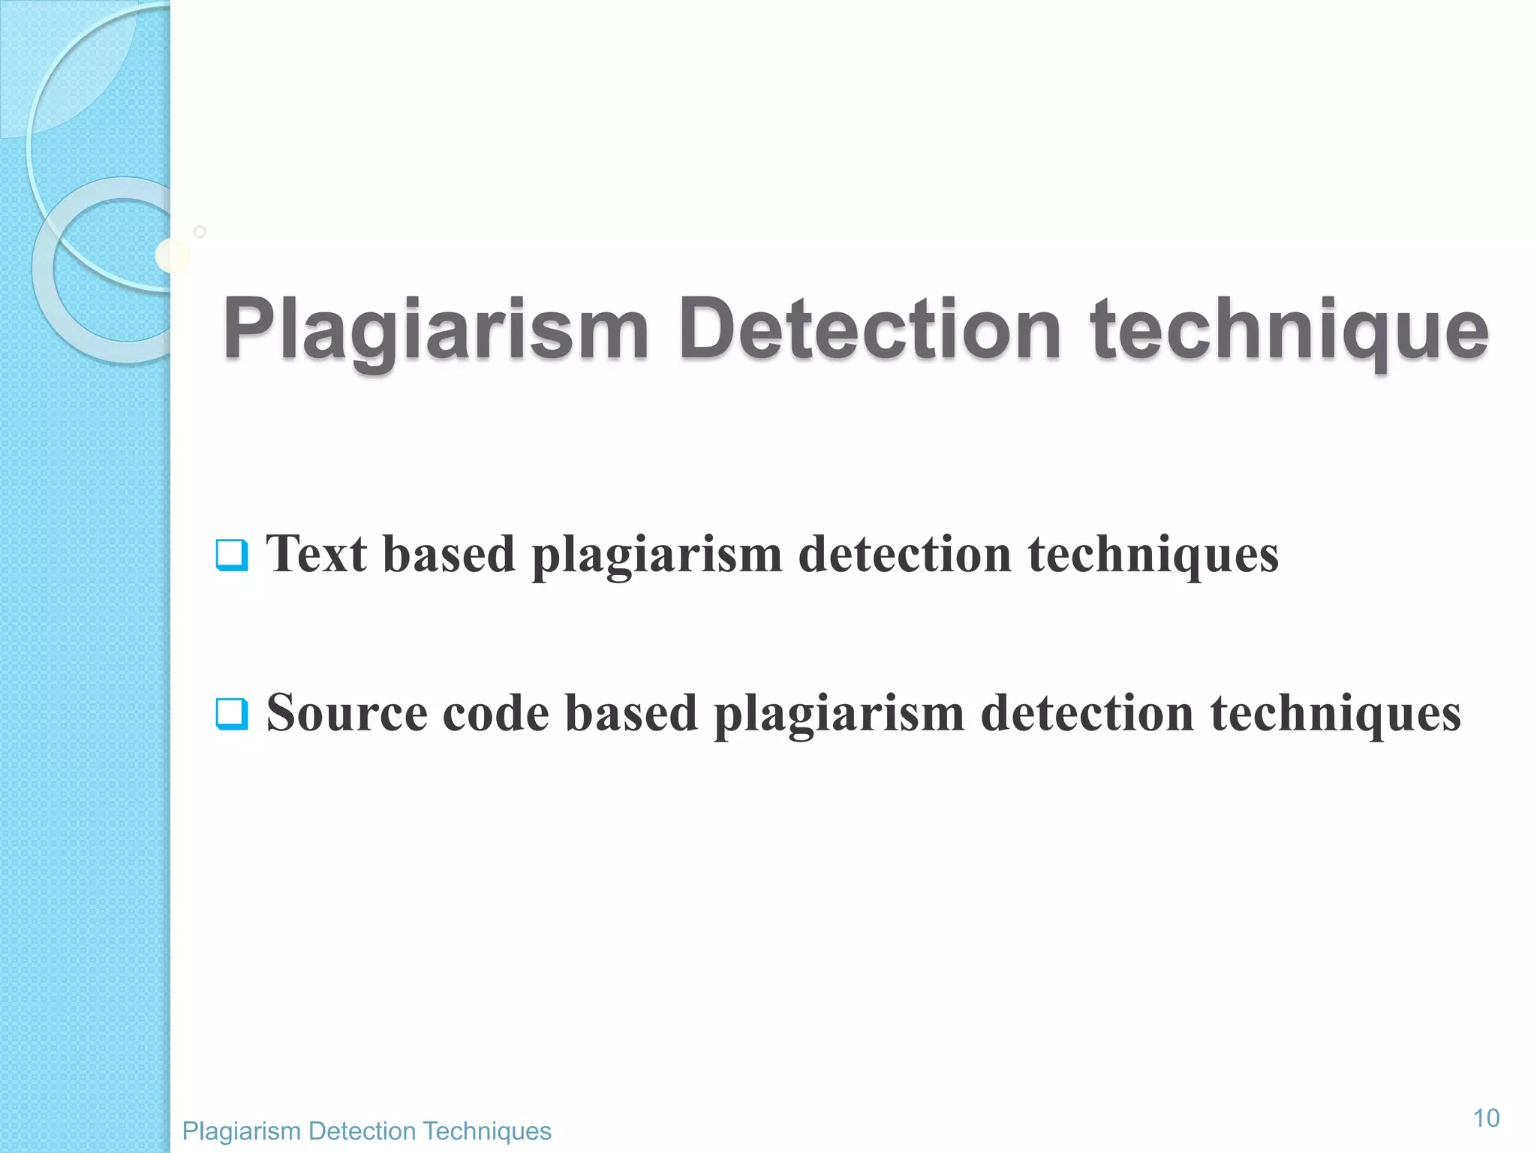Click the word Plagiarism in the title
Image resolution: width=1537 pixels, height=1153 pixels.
point(435,330)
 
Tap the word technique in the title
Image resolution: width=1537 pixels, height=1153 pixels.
point(1289,330)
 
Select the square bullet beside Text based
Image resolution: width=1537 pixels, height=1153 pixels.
point(231,555)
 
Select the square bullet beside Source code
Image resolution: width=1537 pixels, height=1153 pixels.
point(231,714)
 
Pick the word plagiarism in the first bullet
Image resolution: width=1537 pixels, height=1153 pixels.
point(657,555)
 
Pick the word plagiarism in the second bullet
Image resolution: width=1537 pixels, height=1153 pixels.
point(838,714)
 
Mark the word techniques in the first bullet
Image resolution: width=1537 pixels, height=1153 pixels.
point(1153,555)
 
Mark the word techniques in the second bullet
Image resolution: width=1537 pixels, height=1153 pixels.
point(1335,714)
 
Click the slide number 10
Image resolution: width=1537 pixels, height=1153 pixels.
point(1486,1118)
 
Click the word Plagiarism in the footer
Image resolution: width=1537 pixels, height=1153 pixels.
point(241,1130)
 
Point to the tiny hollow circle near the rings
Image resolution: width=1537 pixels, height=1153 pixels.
point(200,231)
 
